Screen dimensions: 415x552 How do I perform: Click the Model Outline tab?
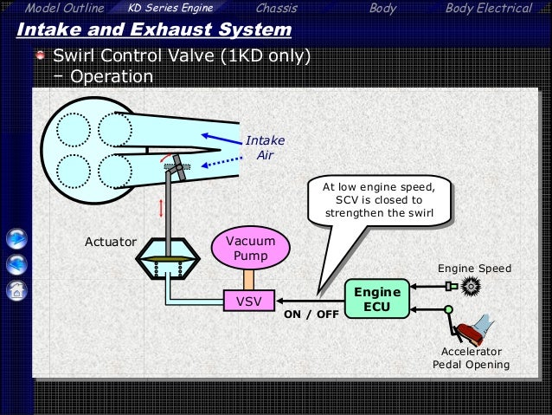point(65,9)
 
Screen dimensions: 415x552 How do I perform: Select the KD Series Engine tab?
point(170,9)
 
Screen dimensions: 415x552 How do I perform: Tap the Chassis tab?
point(277,9)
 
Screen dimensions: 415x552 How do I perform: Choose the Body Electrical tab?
point(488,9)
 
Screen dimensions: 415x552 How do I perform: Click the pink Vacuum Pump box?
point(247,249)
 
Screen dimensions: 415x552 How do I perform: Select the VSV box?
point(247,302)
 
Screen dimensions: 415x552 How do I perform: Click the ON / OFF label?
point(311,314)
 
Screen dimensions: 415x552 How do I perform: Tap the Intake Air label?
point(265,148)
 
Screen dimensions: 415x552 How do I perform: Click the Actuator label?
point(110,242)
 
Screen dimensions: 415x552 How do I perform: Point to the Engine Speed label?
point(474,269)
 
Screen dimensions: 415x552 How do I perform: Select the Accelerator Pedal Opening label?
point(471,358)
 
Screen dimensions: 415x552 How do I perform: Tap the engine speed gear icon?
point(470,286)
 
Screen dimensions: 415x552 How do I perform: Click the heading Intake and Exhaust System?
point(153,31)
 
